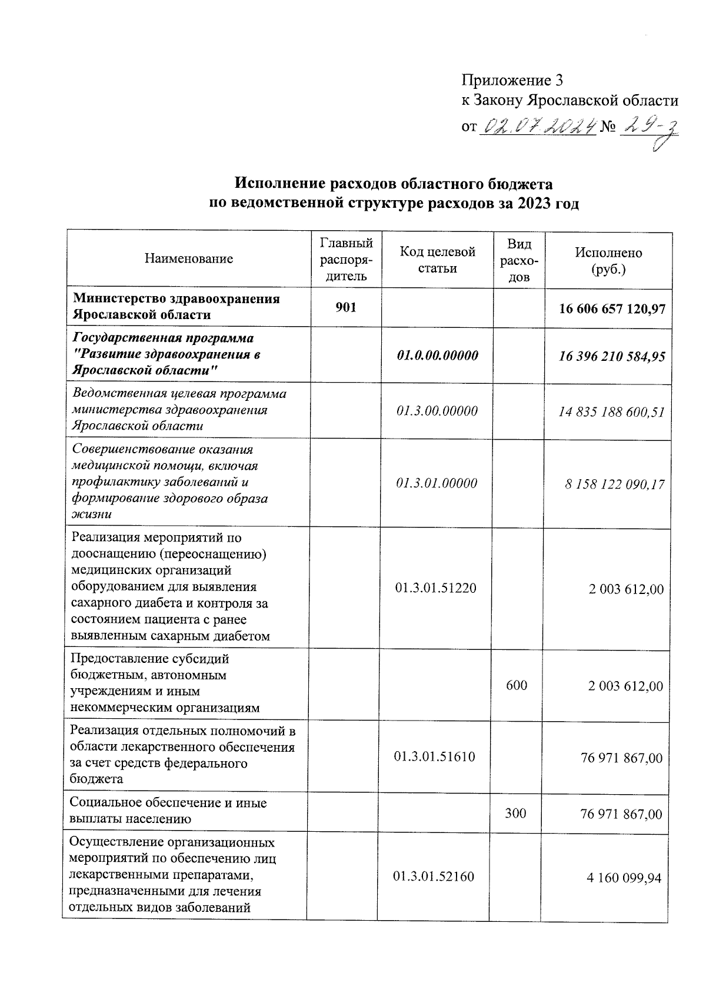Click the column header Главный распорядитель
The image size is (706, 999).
tap(346, 260)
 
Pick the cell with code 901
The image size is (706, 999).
tap(345, 307)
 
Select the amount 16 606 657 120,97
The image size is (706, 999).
tap(612, 307)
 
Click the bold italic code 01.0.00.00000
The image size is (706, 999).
tap(437, 356)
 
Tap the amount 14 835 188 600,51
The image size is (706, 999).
tap(612, 411)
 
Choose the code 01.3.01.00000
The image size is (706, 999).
tap(437, 483)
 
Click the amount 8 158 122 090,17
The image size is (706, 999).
tap(615, 484)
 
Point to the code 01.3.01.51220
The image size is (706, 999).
tap(436, 588)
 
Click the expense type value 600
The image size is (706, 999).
tap(517, 685)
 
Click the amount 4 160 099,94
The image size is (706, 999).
tap(624, 878)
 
